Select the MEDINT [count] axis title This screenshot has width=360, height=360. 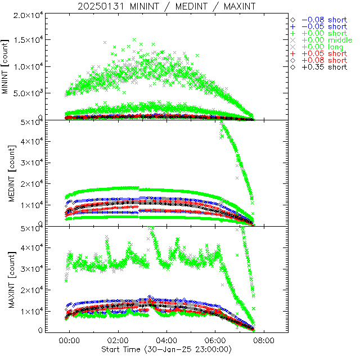point(6,172)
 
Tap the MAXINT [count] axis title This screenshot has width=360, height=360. point(6,278)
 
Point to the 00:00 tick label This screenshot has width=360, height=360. point(70,341)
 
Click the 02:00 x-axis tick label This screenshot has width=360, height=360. point(118,341)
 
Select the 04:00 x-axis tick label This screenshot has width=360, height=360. point(166,341)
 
